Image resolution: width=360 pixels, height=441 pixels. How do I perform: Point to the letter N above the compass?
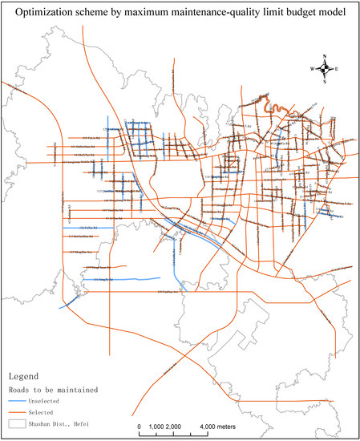tap(324, 56)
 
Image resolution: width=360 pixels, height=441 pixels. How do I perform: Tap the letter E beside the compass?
tap(336, 69)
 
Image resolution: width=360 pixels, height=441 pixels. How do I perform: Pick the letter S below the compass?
tap(324, 82)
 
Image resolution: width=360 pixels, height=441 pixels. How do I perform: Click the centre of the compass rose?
tap(324, 69)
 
